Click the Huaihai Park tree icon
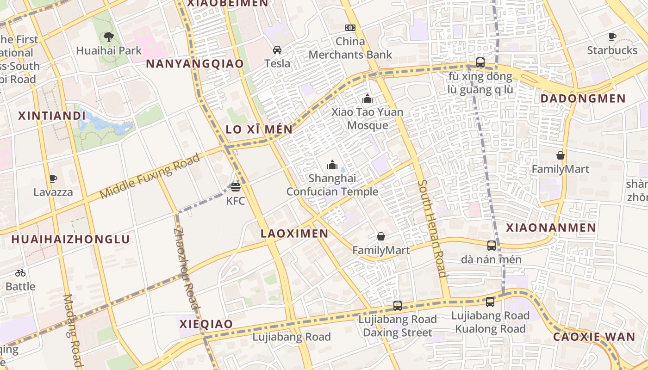108,37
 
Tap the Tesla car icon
277,50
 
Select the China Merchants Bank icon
350,28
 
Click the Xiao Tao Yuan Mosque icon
368,99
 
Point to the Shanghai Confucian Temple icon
332,165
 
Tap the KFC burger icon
236,187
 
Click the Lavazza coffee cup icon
53,179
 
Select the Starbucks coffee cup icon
612,37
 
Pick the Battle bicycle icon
20,273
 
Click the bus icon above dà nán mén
492,246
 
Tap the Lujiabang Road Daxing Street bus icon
398,305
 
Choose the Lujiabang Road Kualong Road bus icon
490,302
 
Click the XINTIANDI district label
52,116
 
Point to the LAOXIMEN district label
294,234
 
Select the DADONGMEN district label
583,99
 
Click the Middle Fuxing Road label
150,176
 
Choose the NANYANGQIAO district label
195,64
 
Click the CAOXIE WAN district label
594,337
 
